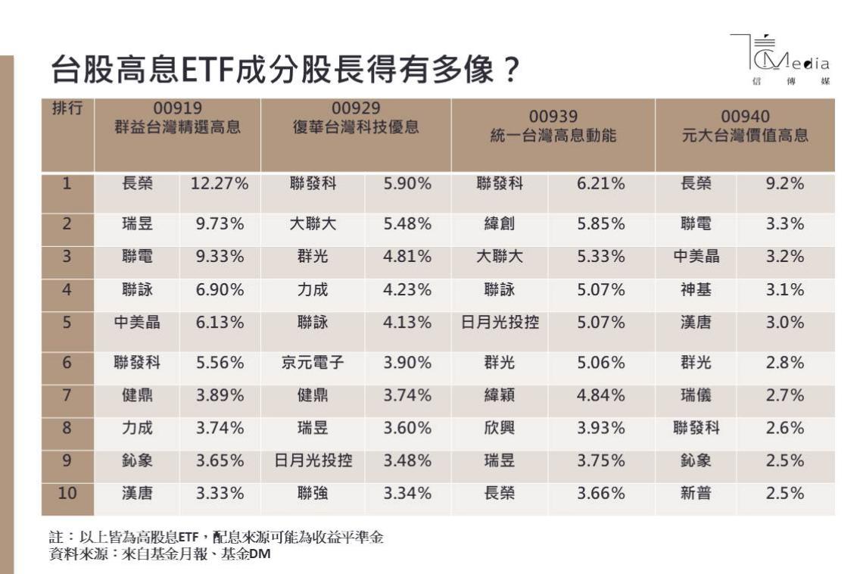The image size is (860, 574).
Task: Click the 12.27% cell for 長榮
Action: click(x=220, y=183)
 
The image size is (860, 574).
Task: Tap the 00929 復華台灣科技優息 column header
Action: click(x=356, y=119)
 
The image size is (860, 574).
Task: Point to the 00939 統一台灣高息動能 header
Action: click(x=553, y=126)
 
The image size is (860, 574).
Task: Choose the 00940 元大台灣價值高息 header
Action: click(x=745, y=126)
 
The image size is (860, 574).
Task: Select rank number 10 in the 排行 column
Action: click(x=67, y=494)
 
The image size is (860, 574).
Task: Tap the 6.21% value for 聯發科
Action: click(x=601, y=183)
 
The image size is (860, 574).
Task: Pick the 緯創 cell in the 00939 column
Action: click(x=500, y=224)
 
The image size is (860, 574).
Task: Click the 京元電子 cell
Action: click(x=313, y=363)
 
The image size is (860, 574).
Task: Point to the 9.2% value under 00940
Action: click(x=784, y=183)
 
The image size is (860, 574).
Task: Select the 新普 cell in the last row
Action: click(x=696, y=494)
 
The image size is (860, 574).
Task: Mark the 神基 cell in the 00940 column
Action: click(x=696, y=289)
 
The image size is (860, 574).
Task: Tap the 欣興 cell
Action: click(x=500, y=428)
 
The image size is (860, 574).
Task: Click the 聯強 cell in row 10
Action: click(x=313, y=494)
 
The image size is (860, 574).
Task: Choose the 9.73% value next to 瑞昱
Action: click(x=220, y=224)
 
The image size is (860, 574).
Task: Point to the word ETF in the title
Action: click(x=201, y=72)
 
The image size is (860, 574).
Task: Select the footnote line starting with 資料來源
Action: click(x=159, y=554)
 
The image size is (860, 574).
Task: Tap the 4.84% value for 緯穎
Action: click(x=601, y=395)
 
